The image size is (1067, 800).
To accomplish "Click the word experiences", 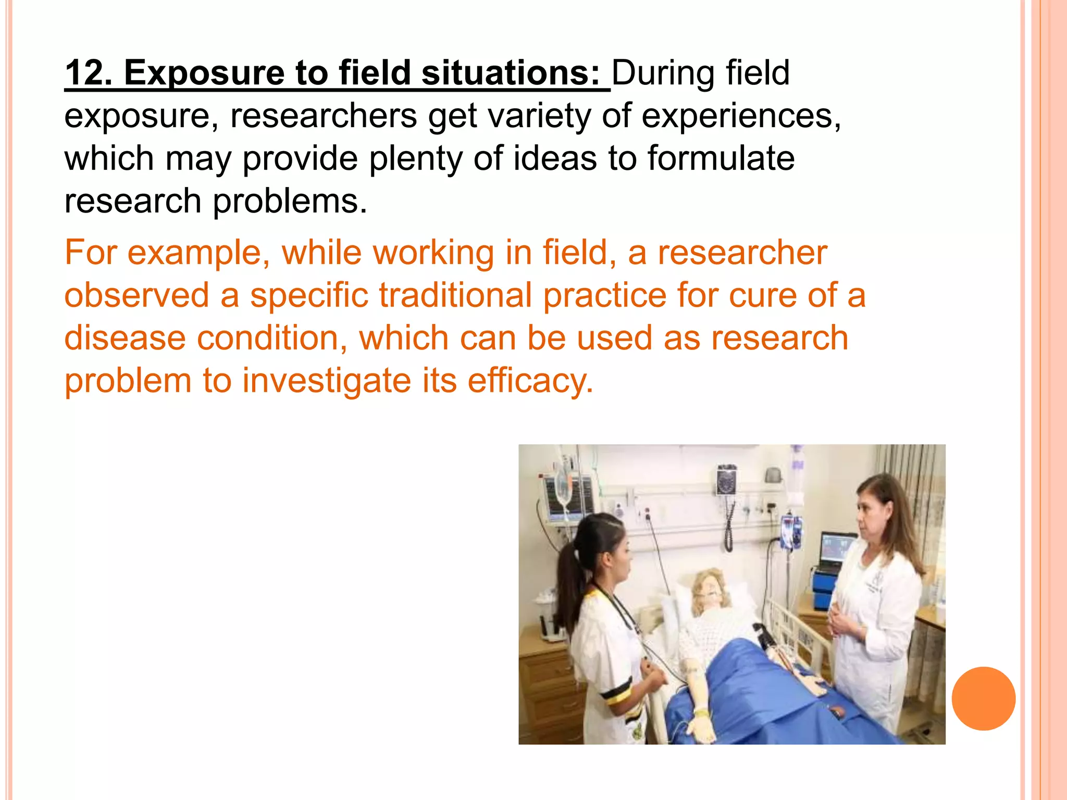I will (740, 116).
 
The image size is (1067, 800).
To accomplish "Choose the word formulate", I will (721, 158).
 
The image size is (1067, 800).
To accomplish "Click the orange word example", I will (198, 253).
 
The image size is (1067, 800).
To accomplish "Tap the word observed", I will (137, 295).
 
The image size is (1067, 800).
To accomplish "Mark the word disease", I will (125, 338).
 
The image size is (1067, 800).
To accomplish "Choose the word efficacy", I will (530, 381).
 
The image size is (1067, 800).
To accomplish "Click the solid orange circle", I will (983, 698).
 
